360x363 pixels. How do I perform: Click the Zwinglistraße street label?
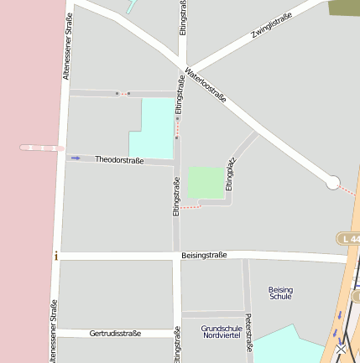coord(271,27)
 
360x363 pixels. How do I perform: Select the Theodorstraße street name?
coord(119,160)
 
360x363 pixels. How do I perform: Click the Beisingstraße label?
coord(204,255)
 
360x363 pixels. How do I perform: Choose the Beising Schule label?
coord(280,293)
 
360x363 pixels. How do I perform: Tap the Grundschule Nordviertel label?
coord(222,331)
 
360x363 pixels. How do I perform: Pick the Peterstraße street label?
coord(248,330)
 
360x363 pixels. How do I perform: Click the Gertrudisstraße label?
coord(115,333)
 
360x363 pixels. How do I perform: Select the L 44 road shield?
coord(349,239)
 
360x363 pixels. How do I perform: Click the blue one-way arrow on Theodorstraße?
coord(76,158)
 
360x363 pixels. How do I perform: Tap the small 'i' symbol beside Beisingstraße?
coord(56,256)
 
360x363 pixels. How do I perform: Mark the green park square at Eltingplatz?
coord(206,183)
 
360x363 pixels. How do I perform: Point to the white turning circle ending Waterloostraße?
coord(333,182)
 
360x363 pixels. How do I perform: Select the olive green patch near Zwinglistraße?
coord(344,8)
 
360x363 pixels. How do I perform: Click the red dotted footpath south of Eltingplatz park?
coord(190,206)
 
